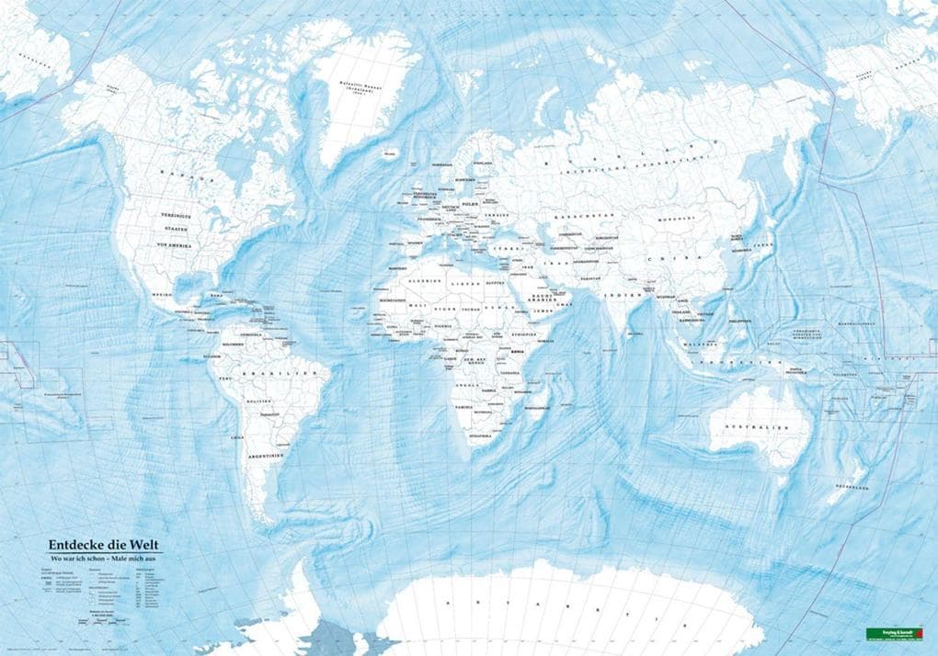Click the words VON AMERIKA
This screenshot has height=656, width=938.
click(178, 246)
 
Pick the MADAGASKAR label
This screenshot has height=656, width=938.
click(537, 404)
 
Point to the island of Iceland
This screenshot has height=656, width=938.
click(391, 154)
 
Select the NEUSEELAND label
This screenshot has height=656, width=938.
click(852, 487)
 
